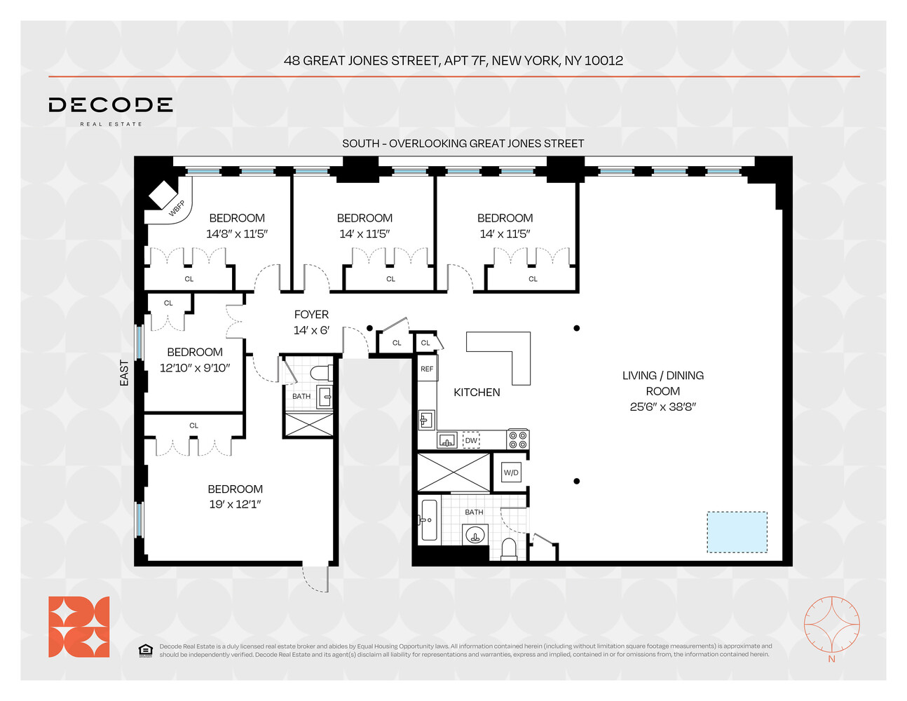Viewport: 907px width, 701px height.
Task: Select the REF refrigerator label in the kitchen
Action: coord(427,369)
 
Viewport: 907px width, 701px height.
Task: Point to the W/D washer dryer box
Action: coord(511,472)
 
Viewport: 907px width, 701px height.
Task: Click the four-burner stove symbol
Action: coord(517,440)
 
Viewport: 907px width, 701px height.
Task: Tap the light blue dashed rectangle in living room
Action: coord(737,532)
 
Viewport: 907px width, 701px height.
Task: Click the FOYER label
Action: coord(311,315)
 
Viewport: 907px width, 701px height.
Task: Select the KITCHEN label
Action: coord(477,393)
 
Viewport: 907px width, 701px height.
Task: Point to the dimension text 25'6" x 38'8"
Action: coord(662,407)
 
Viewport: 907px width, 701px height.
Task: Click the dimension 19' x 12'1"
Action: coord(235,504)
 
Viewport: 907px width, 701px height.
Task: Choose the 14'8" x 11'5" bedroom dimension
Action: coord(237,234)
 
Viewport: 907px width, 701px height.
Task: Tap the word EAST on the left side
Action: coord(124,373)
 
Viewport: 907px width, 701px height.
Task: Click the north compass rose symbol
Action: coord(831,624)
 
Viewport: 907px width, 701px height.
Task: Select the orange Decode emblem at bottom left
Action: coord(79,627)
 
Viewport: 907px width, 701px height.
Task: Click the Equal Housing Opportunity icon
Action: coord(145,651)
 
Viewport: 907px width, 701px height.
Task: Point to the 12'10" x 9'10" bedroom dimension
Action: coord(195,368)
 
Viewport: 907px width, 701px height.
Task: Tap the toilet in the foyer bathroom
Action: coord(322,372)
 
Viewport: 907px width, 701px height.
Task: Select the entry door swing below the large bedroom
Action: coord(317,578)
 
